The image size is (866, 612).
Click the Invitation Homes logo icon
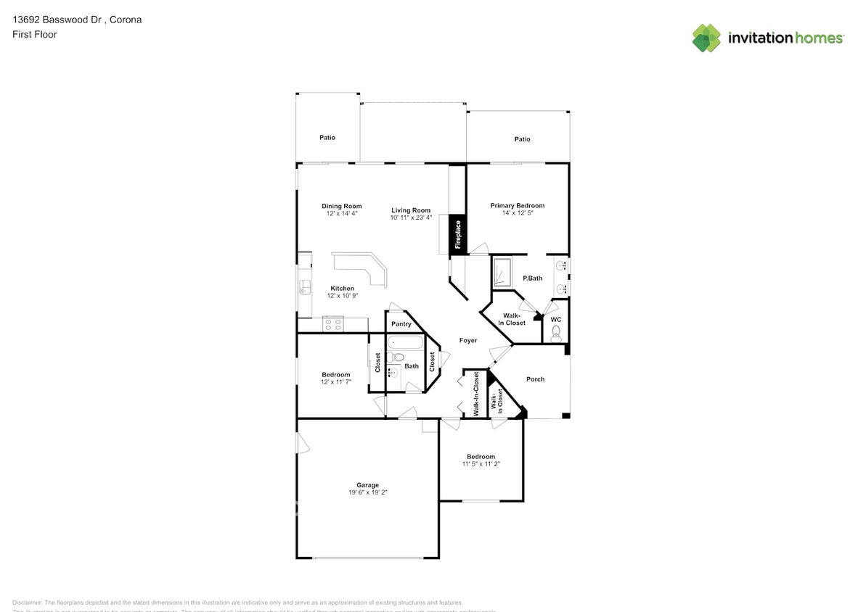tap(706, 38)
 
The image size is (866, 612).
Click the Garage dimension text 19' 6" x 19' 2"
tap(367, 493)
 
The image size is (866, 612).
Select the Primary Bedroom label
tap(517, 205)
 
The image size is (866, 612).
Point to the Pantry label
tap(401, 324)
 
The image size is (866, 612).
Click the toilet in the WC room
tap(556, 333)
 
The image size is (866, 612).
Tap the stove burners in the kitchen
tap(332, 323)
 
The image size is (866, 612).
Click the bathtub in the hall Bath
tap(404, 343)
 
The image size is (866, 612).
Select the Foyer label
tap(468, 340)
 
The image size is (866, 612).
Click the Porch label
tap(535, 379)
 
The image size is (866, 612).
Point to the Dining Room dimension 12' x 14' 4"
tap(341, 214)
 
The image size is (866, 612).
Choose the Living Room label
tap(411, 210)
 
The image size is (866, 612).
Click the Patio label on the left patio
tap(327, 137)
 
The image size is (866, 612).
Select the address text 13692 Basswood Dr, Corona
tap(77, 20)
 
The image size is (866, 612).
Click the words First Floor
tap(34, 34)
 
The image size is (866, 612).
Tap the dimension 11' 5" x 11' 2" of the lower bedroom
tap(481, 464)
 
